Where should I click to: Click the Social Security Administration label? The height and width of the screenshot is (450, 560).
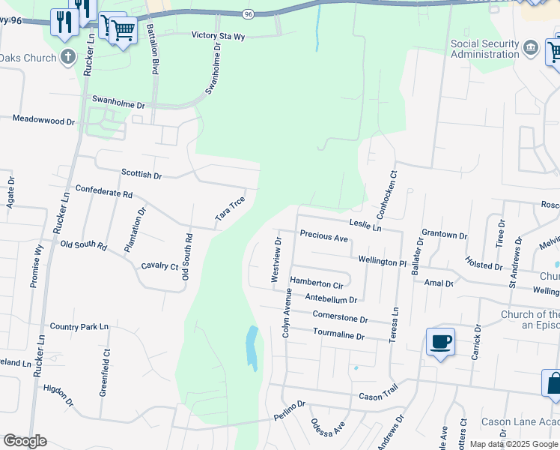484,49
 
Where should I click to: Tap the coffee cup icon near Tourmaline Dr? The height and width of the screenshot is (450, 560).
440,343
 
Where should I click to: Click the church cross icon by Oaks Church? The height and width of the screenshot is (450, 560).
68,57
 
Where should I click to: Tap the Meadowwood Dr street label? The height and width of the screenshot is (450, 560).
44,120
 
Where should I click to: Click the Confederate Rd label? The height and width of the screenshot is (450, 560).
104,192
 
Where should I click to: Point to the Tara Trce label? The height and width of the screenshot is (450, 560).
231,208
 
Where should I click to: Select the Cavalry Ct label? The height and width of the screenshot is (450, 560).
159,266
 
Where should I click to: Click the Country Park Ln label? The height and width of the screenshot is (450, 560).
79,327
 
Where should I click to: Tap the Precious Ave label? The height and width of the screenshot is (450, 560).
323,236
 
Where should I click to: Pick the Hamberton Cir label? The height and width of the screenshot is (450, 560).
316,283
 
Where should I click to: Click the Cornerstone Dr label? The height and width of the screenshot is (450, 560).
340,318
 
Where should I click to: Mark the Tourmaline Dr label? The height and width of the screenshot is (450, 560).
338,334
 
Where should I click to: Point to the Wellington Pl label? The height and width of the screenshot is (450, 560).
382,262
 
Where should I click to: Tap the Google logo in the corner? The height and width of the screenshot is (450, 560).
25,441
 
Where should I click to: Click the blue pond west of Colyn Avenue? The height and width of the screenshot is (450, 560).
252,348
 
